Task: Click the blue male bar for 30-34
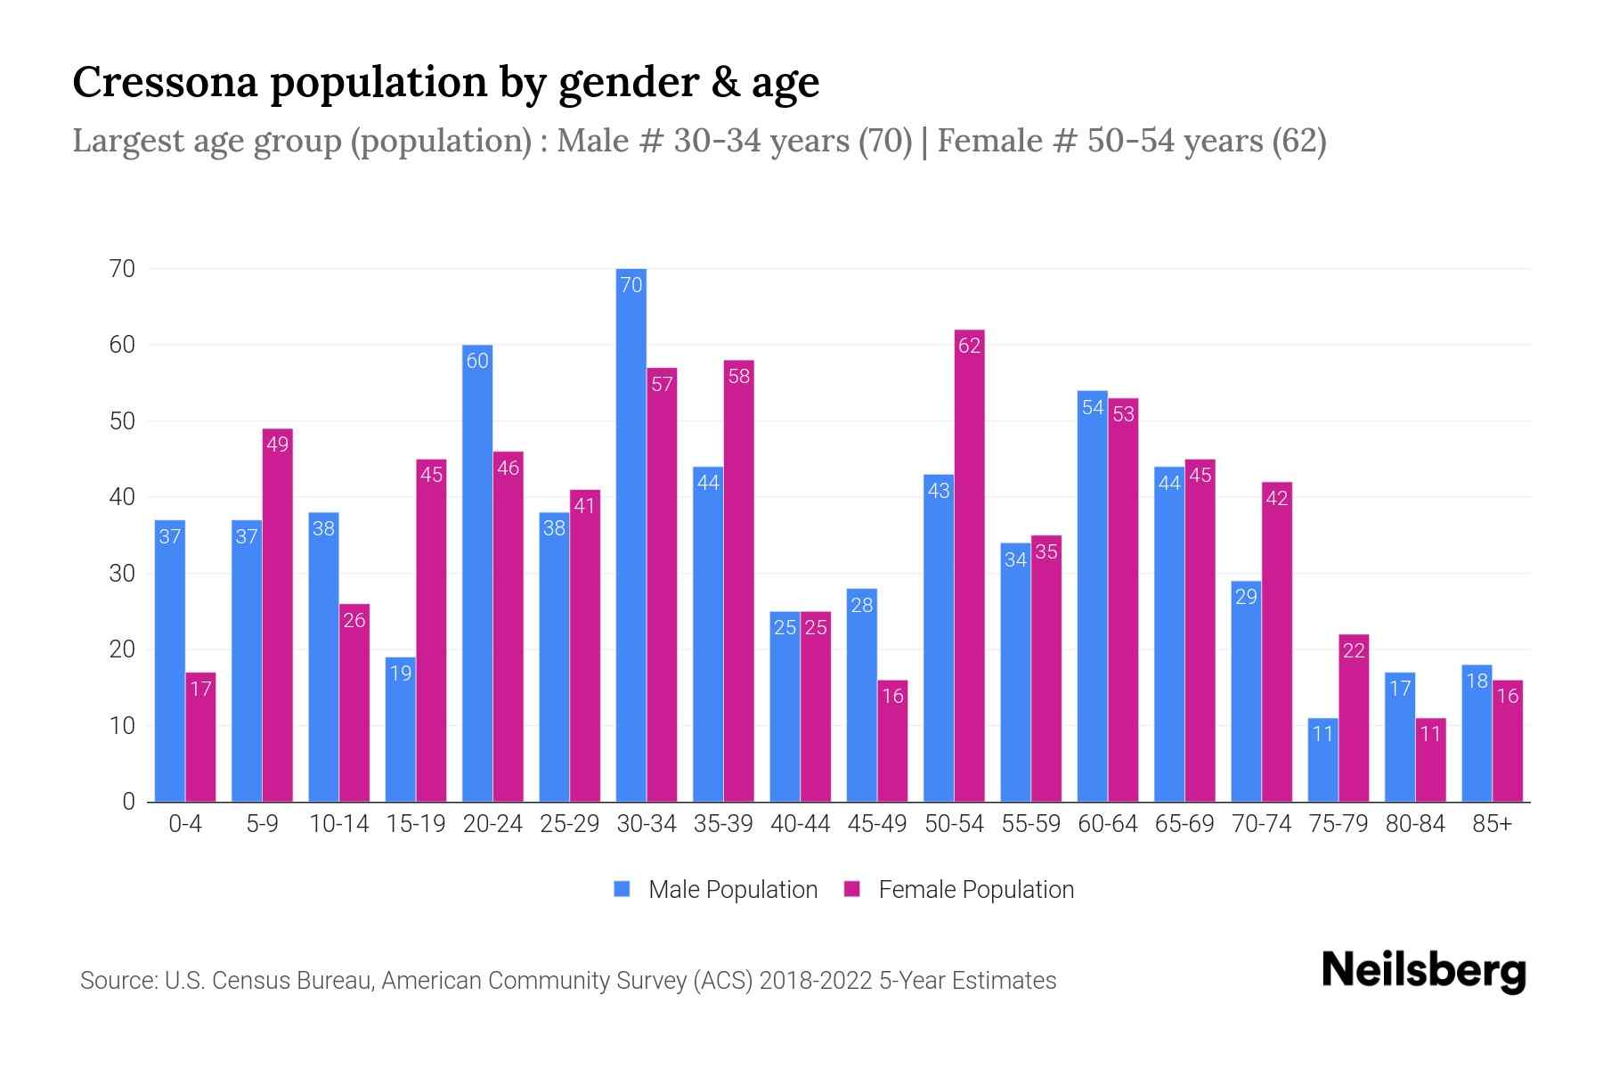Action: pyautogui.click(x=631, y=534)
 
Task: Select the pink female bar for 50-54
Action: pyautogui.click(x=969, y=566)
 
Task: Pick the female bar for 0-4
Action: pyautogui.click(x=200, y=737)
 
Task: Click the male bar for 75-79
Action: pyautogui.click(x=1322, y=760)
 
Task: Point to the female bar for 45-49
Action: pyautogui.click(x=892, y=740)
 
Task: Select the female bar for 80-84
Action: pyautogui.click(x=1430, y=760)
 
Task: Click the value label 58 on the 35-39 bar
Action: pyautogui.click(x=738, y=376)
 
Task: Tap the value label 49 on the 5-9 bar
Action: pyautogui.click(x=277, y=444)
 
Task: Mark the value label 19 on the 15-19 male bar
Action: pyautogui.click(x=401, y=673)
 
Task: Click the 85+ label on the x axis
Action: pyautogui.click(x=1492, y=824)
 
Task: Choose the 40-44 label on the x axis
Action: pyautogui.click(x=800, y=824)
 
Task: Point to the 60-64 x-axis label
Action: pyautogui.click(x=1107, y=824)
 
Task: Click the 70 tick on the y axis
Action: pyautogui.click(x=122, y=269)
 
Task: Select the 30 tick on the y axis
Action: pyautogui.click(x=122, y=574)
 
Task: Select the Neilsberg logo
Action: pyautogui.click(x=1423, y=970)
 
